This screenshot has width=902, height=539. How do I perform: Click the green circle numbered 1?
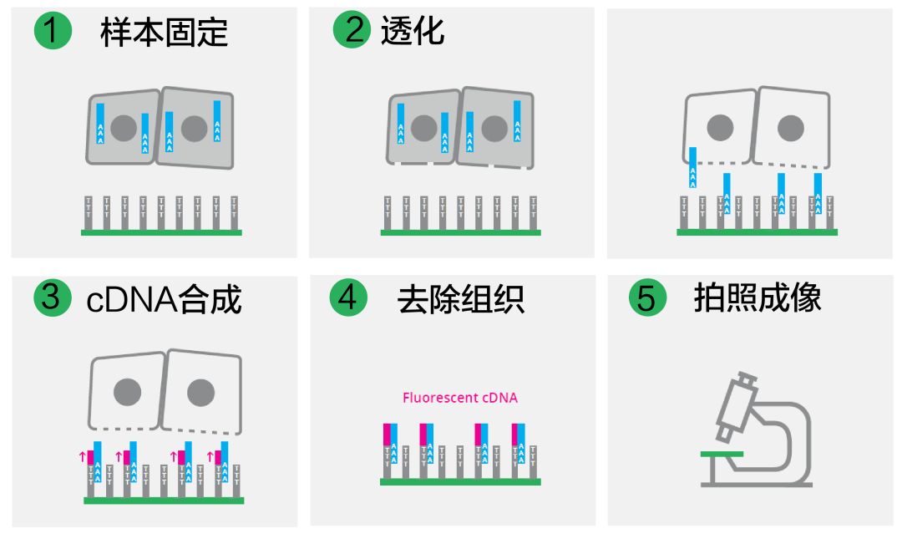pyautogui.click(x=52, y=31)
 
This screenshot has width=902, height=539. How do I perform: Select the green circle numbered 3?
pyautogui.click(x=52, y=298)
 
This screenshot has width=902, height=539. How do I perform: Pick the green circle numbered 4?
pyautogui.click(x=348, y=298)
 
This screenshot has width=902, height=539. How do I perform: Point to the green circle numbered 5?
pyautogui.click(x=648, y=298)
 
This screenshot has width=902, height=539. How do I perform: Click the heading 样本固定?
pyautogui.click(x=164, y=33)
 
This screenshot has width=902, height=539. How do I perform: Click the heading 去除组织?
pyautogui.click(x=461, y=299)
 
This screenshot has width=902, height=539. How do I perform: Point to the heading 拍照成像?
pyautogui.click(x=758, y=298)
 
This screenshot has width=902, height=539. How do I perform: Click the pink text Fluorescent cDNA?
pyautogui.click(x=460, y=398)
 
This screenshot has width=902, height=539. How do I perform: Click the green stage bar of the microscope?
pyautogui.click(x=722, y=453)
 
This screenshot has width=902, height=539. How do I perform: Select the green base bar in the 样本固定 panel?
pyautogui.click(x=161, y=232)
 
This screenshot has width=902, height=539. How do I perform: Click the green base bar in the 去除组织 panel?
pyautogui.click(x=460, y=481)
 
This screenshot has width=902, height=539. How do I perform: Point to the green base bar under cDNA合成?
pyautogui.click(x=164, y=500)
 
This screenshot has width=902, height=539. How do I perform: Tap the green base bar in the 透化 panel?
pyautogui.click(x=460, y=232)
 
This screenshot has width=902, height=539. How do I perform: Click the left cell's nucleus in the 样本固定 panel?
pyautogui.click(x=124, y=128)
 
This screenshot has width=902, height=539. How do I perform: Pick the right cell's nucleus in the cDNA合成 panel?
pyautogui.click(x=201, y=393)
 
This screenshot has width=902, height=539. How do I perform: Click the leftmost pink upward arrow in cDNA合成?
pyautogui.click(x=81, y=456)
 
